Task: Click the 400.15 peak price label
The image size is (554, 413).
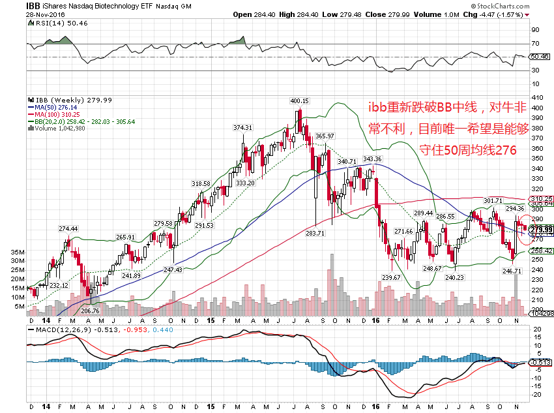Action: click(x=299, y=101)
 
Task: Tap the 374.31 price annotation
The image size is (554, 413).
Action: click(x=242, y=128)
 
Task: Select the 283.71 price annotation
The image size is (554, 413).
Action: click(x=315, y=233)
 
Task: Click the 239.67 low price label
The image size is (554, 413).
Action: click(x=390, y=277)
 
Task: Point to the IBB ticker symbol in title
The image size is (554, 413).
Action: click(x=34, y=5)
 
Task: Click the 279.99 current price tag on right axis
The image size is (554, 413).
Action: click(x=542, y=230)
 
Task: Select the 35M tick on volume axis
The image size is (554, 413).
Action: click(x=18, y=252)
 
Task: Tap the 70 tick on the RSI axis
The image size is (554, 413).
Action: click(x=535, y=44)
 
